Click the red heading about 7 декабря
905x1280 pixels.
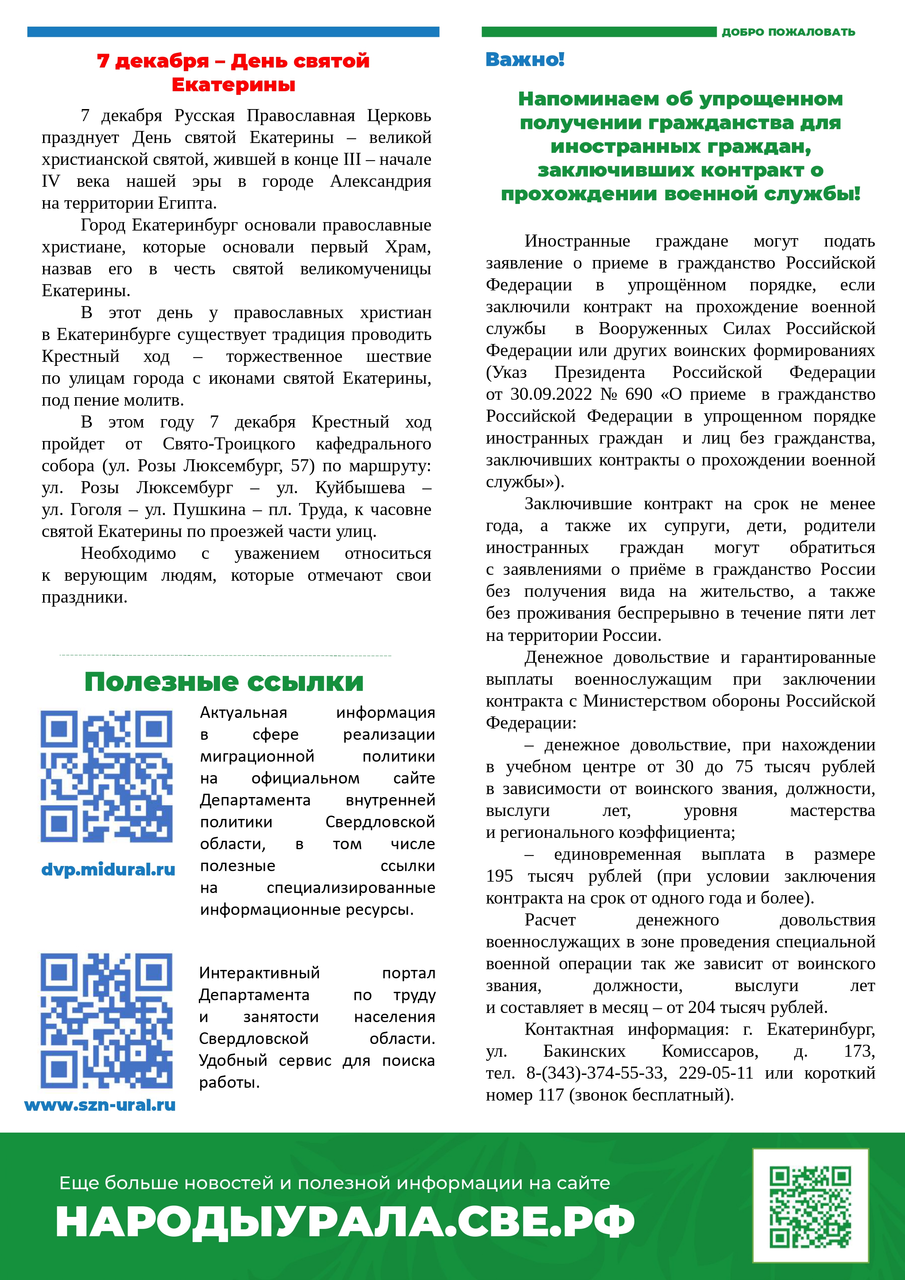(x=233, y=73)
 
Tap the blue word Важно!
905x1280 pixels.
(x=525, y=59)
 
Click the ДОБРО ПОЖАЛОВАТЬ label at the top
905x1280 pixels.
(x=788, y=32)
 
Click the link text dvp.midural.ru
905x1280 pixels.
(x=108, y=869)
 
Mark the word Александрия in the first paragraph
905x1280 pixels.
(x=380, y=181)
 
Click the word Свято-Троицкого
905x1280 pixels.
(x=229, y=444)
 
